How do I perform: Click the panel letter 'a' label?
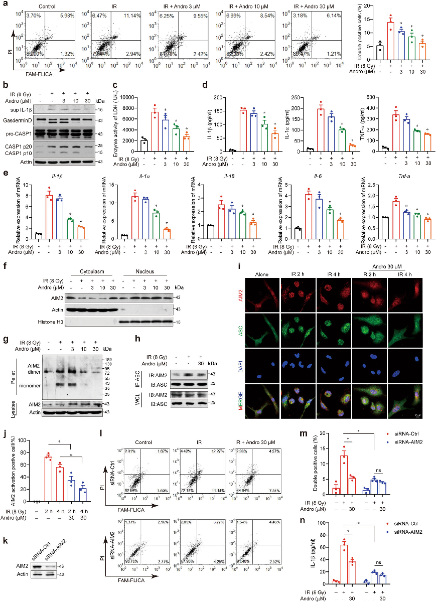click(x=4, y=5)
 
